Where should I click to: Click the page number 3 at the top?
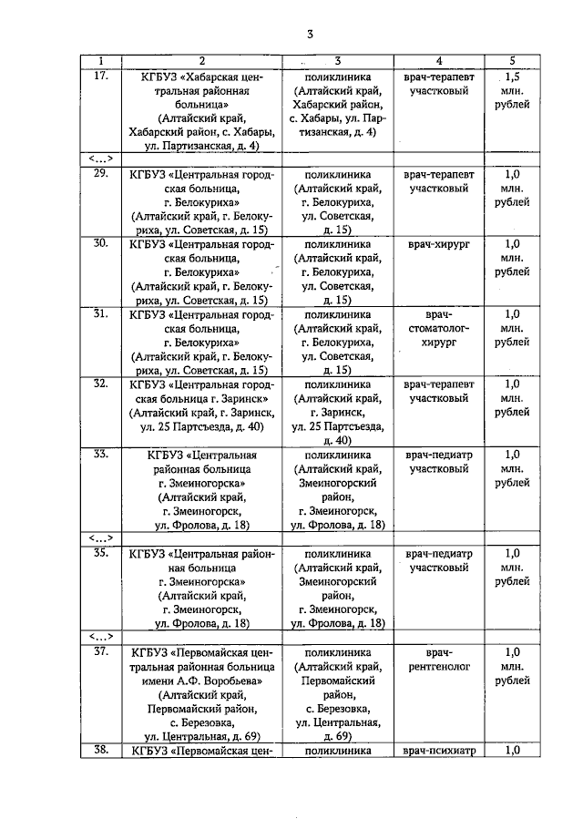(x=310, y=35)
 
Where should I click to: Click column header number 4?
(x=438, y=60)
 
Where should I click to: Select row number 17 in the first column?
(x=102, y=77)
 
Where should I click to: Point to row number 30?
(x=102, y=243)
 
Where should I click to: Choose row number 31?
(x=102, y=314)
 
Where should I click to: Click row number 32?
(x=102, y=384)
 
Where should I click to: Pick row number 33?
(x=102, y=453)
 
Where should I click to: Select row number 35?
(x=102, y=553)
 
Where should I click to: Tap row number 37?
(x=102, y=652)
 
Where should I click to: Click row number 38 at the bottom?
(x=102, y=750)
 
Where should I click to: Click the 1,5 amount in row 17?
(x=512, y=77)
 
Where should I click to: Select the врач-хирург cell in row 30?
(x=438, y=244)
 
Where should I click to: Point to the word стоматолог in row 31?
(x=438, y=328)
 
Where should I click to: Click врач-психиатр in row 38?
(x=438, y=751)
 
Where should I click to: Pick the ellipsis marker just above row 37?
(x=101, y=636)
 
